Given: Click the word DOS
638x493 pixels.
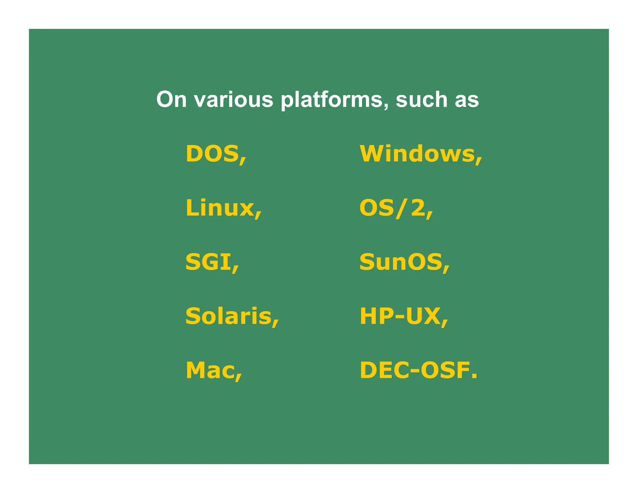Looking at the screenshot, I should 212,154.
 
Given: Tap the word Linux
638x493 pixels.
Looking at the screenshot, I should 220,208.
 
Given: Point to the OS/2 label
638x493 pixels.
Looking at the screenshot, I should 392,208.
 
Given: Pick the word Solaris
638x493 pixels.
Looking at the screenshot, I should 228,316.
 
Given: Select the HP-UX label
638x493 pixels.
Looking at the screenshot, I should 400,316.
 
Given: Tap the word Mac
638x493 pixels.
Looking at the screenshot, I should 210,370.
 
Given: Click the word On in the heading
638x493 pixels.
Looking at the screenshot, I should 171,99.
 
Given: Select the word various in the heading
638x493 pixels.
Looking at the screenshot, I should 233,99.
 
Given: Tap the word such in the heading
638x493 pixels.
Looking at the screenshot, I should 421,99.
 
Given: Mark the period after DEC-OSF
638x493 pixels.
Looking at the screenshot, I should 474,376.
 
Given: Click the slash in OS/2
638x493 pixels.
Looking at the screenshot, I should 402,208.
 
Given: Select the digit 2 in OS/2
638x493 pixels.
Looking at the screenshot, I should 417,208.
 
